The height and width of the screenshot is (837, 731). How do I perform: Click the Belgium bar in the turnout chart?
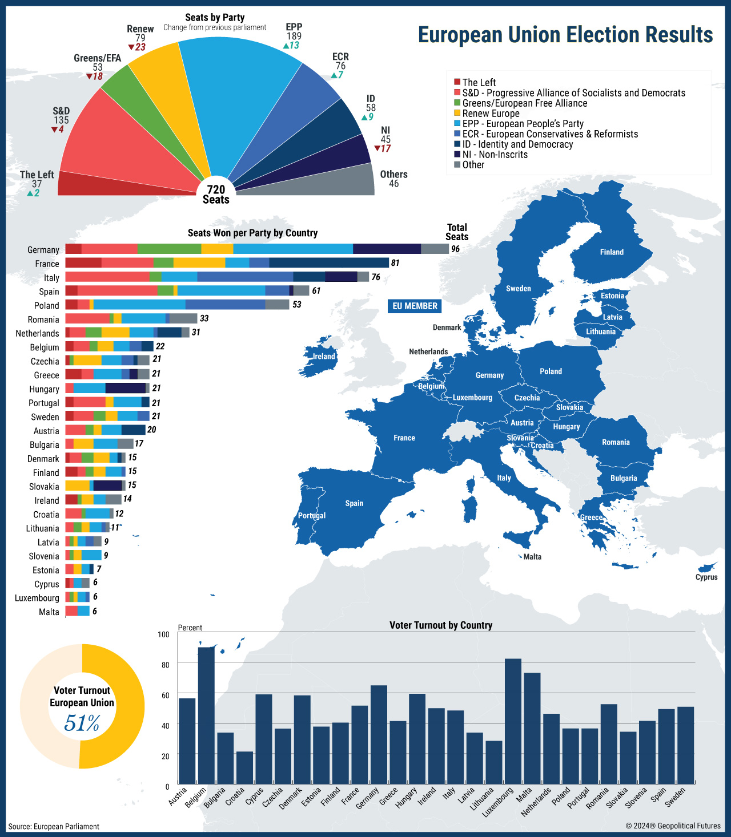[206, 715]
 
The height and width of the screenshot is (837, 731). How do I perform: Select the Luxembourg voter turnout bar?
[513, 721]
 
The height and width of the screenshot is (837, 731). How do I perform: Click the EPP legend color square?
[457, 124]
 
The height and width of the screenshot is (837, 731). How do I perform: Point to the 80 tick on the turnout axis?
[166, 665]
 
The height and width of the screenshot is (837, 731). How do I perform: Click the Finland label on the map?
[612, 252]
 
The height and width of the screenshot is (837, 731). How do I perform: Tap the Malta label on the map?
[532, 557]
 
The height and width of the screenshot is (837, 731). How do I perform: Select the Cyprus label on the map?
[706, 577]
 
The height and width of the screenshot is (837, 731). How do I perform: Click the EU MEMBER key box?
[415, 306]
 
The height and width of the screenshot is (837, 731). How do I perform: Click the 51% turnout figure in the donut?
[82, 723]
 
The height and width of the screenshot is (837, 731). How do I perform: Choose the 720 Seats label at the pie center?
[216, 194]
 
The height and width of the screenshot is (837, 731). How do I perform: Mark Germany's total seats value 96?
[455, 249]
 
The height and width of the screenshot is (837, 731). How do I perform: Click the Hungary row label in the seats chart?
[44, 389]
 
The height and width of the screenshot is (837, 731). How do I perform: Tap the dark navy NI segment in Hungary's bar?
[125, 388]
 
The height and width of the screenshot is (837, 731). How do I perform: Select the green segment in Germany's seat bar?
[169, 249]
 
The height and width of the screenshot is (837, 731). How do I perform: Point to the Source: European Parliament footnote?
[54, 826]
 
